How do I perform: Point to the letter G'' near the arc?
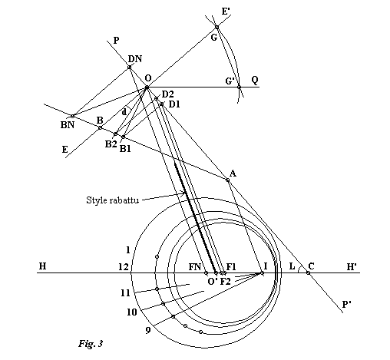(230, 81)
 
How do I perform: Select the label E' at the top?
(225, 12)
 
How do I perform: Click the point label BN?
(68, 124)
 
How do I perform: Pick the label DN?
(135, 58)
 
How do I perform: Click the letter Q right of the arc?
(254, 79)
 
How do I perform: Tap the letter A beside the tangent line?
(233, 173)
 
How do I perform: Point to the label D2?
(167, 94)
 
